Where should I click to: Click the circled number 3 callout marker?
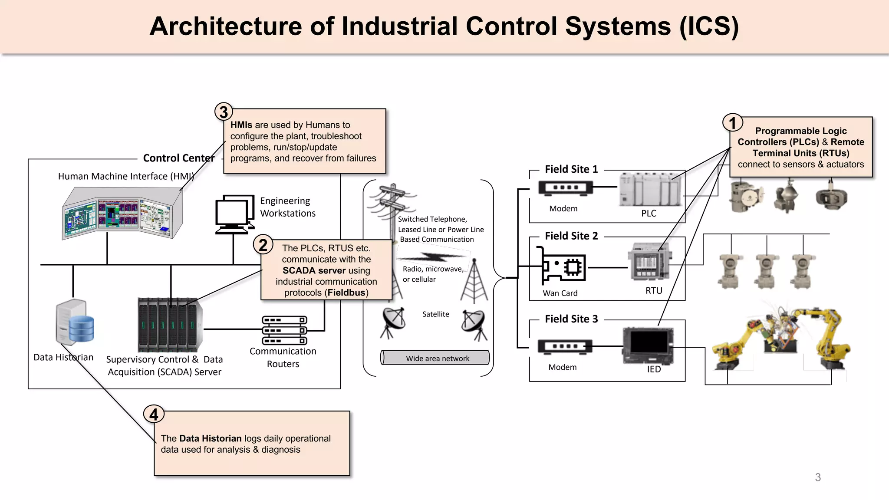click(224, 112)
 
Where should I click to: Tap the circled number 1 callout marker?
click(733, 123)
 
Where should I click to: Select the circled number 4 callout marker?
click(154, 414)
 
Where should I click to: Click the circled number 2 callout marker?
click(263, 245)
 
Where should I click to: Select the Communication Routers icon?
click(284, 330)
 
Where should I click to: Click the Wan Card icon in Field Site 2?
click(562, 266)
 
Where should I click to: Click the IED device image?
click(648, 345)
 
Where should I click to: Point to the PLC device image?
click(649, 189)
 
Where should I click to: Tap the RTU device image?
click(649, 263)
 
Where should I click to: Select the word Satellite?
click(435, 314)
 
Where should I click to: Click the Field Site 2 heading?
click(571, 236)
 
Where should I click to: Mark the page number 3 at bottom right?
click(818, 477)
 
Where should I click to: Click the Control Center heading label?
click(179, 158)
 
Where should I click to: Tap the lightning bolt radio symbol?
click(434, 257)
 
